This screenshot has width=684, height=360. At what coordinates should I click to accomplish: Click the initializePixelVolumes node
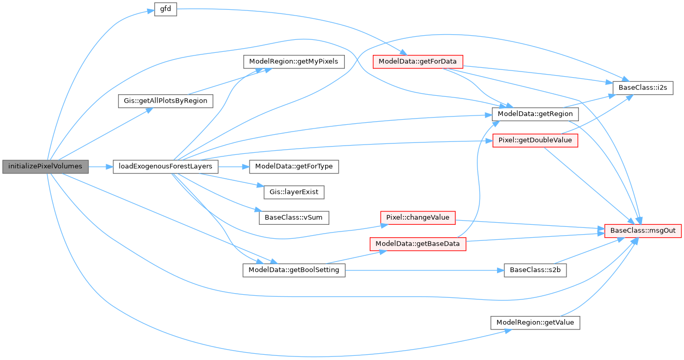coord(46,167)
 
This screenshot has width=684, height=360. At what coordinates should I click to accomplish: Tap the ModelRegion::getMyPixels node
coord(293,62)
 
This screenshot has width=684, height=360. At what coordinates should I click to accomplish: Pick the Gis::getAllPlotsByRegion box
coord(165,100)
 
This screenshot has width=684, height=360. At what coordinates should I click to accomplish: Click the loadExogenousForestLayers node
coord(165,167)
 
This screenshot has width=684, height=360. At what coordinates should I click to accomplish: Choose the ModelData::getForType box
coord(294,167)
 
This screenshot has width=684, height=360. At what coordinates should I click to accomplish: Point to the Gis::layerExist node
coord(294,192)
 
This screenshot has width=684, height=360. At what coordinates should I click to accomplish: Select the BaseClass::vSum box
coord(294,218)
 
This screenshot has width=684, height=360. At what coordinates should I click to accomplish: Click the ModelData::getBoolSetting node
coord(294,270)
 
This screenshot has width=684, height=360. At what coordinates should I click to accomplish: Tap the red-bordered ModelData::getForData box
coord(417,62)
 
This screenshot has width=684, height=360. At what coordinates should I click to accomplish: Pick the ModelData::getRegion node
coord(535,113)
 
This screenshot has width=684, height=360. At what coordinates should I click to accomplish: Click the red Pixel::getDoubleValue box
coord(535,140)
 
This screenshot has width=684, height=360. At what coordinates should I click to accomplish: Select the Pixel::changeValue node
coord(417,218)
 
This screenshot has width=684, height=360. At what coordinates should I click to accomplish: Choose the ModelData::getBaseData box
coord(417,243)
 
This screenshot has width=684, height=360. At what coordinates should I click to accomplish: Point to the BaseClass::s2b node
coord(535,270)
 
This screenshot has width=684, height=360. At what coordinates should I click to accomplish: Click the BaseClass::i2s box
coord(642,88)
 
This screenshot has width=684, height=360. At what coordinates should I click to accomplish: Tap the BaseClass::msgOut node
coord(643,231)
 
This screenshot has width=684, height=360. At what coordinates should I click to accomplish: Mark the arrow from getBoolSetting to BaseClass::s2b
coord(425,270)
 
